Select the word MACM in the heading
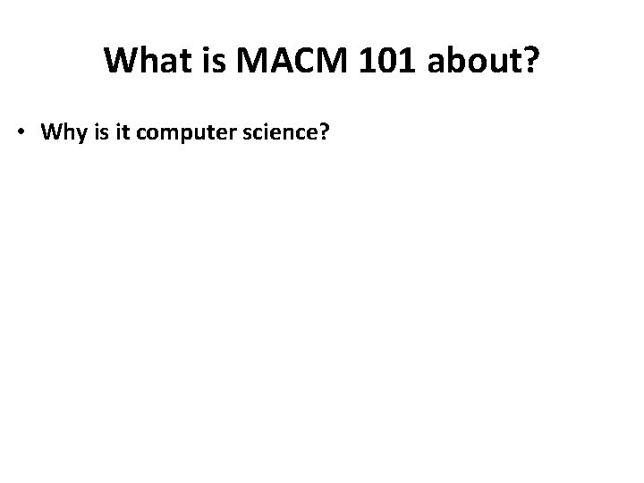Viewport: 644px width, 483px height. pos(275,61)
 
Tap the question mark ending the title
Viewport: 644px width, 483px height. pos(530,61)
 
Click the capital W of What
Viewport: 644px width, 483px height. pos(120,61)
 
